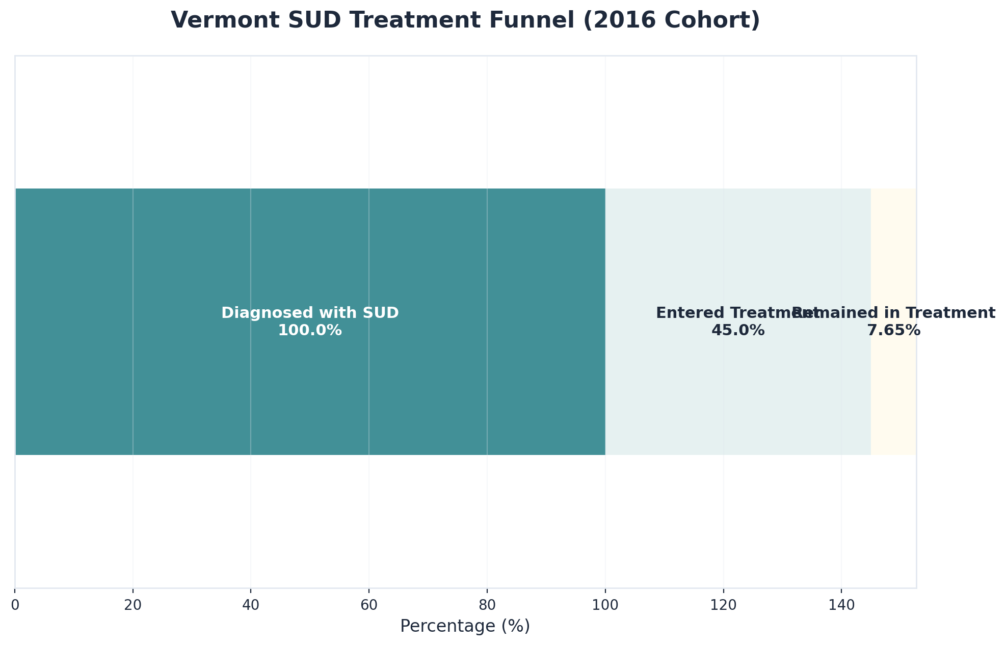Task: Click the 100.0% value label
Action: pyautogui.click(x=310, y=331)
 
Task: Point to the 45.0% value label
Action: pyautogui.click(x=737, y=331)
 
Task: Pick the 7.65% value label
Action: pyautogui.click(x=893, y=331)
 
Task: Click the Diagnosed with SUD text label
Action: pyautogui.click(x=310, y=313)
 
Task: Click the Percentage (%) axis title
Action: pyautogui.click(x=465, y=626)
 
